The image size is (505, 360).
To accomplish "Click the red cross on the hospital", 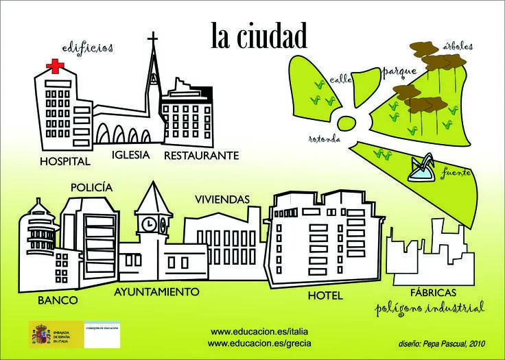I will [x=52, y=67].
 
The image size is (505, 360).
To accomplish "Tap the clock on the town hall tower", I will [x=149, y=224].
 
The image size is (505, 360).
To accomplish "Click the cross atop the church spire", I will [x=152, y=38].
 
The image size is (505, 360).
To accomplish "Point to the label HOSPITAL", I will [x=65, y=163].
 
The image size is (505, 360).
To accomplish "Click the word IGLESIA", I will [x=130, y=155].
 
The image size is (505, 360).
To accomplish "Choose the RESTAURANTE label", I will [x=201, y=156].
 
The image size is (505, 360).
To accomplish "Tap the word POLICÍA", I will [x=91, y=187].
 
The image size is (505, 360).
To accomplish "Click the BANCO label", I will [x=58, y=300].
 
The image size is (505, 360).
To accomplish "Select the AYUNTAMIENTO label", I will [x=156, y=292].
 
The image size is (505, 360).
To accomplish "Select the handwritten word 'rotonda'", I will [x=325, y=140].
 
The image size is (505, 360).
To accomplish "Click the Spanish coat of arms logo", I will [x=43, y=335].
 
